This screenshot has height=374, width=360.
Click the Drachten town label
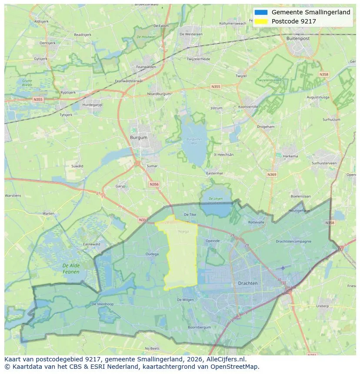click(248, 283)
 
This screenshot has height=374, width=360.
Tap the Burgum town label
click(139, 137)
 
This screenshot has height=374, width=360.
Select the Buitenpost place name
click(298, 38)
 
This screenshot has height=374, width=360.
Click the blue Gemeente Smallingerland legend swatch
click(261, 12)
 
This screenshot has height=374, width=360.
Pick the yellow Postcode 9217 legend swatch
click(261, 21)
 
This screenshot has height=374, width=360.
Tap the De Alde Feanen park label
click(71, 268)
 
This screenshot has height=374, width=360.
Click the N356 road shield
click(154, 184)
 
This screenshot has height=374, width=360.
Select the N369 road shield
click(272, 175)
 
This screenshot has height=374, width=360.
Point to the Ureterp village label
click(322, 306)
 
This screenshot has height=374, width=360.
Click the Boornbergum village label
click(199, 327)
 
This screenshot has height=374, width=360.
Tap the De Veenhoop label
click(103, 304)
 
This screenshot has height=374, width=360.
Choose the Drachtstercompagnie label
click(293, 241)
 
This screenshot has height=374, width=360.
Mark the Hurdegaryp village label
click(92, 105)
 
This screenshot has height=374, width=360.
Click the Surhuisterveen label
click(324, 163)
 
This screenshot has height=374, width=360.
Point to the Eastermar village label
click(214, 173)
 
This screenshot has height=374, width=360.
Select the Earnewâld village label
click(92, 244)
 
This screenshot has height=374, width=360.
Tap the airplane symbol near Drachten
click(283, 268)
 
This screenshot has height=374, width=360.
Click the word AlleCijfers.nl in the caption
click(227, 359)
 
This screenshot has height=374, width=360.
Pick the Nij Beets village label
click(153, 348)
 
